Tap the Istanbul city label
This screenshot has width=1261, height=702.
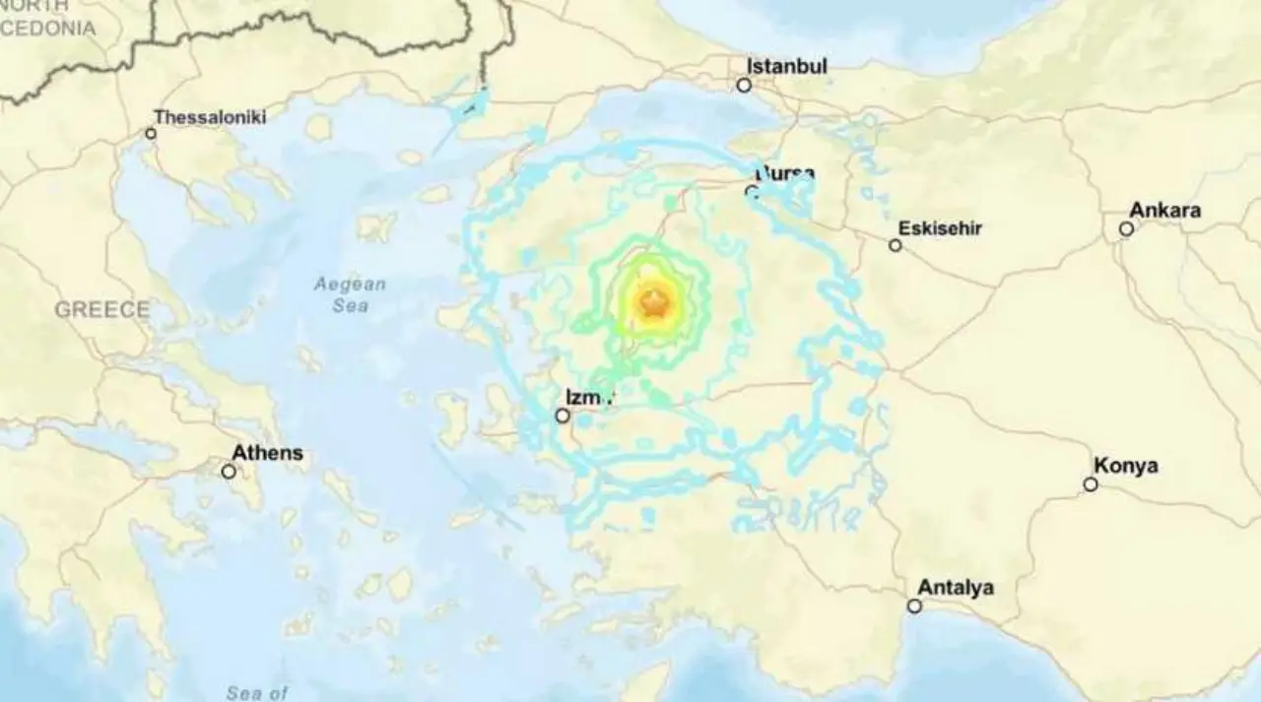pyautogui.click(x=786, y=66)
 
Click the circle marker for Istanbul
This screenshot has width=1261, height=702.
pyautogui.click(x=744, y=86)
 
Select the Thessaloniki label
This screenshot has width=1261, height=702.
pyautogui.click(x=210, y=117)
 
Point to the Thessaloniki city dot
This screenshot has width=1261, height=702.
pyautogui.click(x=151, y=133)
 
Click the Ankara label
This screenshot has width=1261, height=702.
pyautogui.click(x=1164, y=210)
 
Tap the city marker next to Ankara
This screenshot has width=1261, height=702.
pyautogui.click(x=1126, y=228)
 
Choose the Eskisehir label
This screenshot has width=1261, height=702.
pyautogui.click(x=941, y=228)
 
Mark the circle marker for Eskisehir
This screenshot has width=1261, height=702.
pyautogui.click(x=896, y=245)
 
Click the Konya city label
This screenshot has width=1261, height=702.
pyautogui.click(x=1125, y=466)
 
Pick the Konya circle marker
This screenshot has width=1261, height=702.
pyautogui.click(x=1091, y=484)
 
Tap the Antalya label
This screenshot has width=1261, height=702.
pyautogui.click(x=956, y=588)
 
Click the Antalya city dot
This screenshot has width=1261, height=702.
pyautogui.click(x=914, y=606)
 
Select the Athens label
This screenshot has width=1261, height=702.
pyautogui.click(x=267, y=454)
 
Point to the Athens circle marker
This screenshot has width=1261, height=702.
pyautogui.click(x=229, y=472)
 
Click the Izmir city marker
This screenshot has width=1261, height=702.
pyautogui.click(x=563, y=416)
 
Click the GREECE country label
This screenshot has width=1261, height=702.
pyautogui.click(x=102, y=310)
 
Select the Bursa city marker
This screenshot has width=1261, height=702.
pyautogui.click(x=752, y=192)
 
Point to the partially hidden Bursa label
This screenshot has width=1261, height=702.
pyautogui.click(x=785, y=174)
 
